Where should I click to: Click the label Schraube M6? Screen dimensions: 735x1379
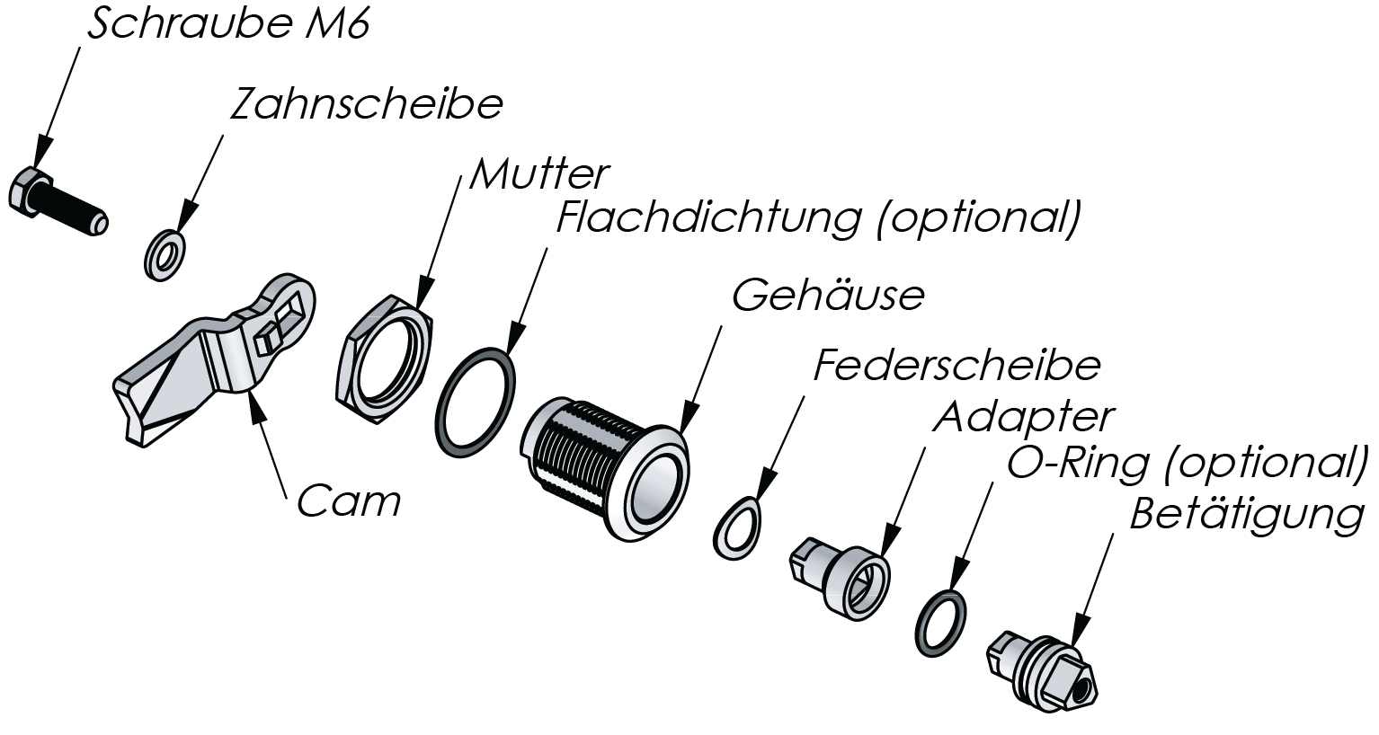[x=227, y=26]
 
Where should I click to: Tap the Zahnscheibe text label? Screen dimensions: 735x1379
[x=366, y=106]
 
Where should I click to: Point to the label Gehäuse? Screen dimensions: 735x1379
[x=828, y=296]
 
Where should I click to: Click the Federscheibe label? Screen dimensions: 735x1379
[x=956, y=367]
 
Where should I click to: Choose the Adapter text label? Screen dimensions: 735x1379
[x=1024, y=417]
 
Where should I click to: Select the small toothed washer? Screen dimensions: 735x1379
[x=165, y=254]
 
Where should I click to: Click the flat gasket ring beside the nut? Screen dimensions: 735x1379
[x=476, y=401]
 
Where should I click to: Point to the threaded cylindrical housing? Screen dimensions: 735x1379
[x=602, y=467]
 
